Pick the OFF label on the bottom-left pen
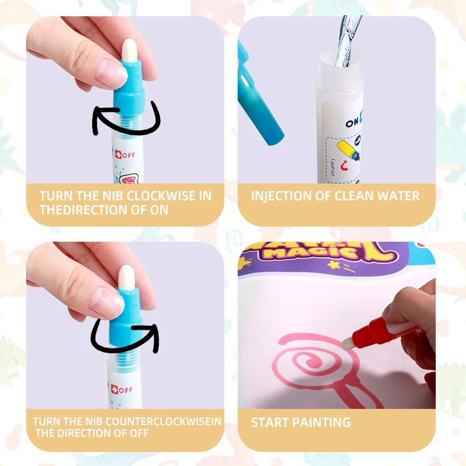(124, 389)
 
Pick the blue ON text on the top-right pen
(353, 123)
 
